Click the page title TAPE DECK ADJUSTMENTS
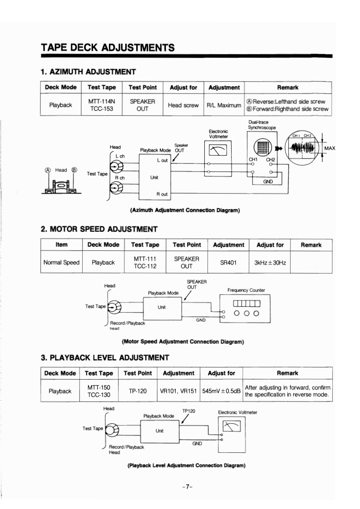108,47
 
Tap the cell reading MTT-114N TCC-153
101,105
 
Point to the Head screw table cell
183,105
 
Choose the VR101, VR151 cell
178,391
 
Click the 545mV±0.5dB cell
222,391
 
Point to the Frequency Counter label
246,290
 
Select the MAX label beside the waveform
330,148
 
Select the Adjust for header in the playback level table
221,373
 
